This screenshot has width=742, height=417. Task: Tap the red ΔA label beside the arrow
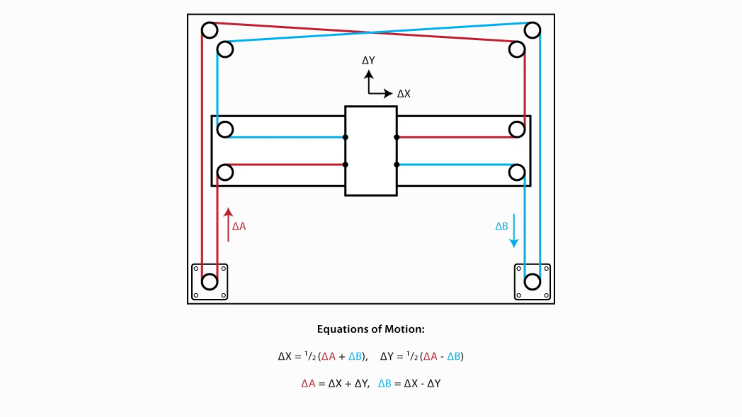pyautogui.click(x=239, y=226)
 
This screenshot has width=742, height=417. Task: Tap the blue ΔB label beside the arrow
pyautogui.click(x=502, y=226)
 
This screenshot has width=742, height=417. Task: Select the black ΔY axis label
pyautogui.click(x=368, y=61)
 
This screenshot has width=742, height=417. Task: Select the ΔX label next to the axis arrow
pyautogui.click(x=404, y=94)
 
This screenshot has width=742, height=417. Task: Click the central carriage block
pyautogui.click(x=371, y=151)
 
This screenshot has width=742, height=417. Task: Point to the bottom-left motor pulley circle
pyautogui.click(x=210, y=282)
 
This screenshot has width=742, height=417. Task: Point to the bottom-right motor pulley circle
pyautogui.click(x=532, y=282)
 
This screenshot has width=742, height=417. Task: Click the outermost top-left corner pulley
pyautogui.click(x=210, y=30)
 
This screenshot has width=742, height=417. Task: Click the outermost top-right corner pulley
pyautogui.click(x=532, y=30)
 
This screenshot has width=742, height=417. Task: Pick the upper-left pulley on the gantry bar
pyautogui.click(x=225, y=130)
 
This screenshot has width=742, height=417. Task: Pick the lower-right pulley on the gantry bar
pyautogui.click(x=517, y=173)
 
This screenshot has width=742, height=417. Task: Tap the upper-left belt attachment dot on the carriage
pyautogui.click(x=345, y=137)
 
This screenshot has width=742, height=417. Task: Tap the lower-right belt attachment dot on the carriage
pyautogui.click(x=397, y=164)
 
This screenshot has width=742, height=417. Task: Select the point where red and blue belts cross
pyautogui.click(x=371, y=32)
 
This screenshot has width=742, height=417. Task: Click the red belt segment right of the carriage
pyautogui.click(x=454, y=137)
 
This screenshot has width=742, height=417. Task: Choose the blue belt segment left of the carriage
pyautogui.click(x=286, y=137)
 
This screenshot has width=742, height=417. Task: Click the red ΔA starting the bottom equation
pyautogui.click(x=308, y=383)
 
